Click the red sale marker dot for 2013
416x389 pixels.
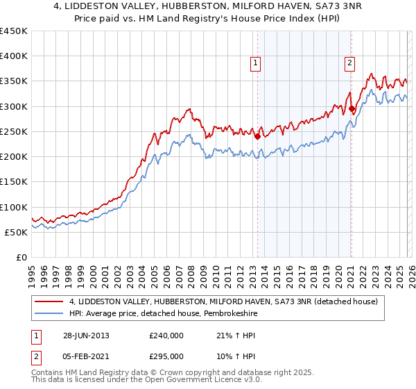click(258, 136)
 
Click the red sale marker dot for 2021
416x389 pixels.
click(352, 108)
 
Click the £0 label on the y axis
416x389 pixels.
click(21, 258)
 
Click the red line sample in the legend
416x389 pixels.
click(50, 301)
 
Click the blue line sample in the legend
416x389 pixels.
click(50, 314)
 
